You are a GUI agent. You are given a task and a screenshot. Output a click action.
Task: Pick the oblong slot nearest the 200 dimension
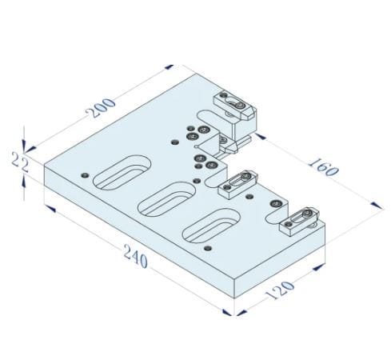(122, 171)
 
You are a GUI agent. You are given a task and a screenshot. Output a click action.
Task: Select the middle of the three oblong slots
(166, 197)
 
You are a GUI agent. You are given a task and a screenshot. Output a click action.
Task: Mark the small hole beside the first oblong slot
(85, 173)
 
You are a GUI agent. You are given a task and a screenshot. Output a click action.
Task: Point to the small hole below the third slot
(209, 250)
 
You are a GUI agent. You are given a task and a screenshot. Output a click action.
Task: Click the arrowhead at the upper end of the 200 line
(170, 68)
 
